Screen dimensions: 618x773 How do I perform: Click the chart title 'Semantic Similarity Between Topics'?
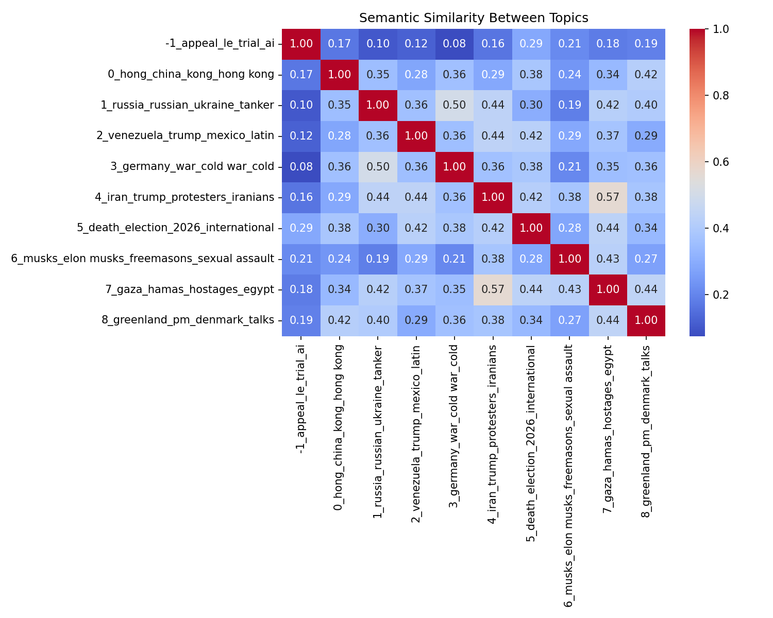473,18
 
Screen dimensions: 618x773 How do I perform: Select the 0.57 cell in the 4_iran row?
608,198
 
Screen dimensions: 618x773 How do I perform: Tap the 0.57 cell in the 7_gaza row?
493,289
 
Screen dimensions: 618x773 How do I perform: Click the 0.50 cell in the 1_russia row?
454,105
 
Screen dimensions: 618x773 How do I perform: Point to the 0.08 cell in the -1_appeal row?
454,44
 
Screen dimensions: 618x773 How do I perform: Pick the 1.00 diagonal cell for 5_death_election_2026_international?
531,228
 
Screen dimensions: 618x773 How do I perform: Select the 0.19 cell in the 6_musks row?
378,259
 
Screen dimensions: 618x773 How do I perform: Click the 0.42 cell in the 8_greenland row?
340,320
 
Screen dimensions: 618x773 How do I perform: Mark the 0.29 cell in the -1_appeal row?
531,44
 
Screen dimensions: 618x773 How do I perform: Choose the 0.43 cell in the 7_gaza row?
569,289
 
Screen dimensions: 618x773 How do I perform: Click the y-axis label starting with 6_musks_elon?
142,259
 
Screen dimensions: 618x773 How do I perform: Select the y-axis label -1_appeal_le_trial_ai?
220,44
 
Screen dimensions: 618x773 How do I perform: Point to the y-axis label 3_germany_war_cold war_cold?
192,167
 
